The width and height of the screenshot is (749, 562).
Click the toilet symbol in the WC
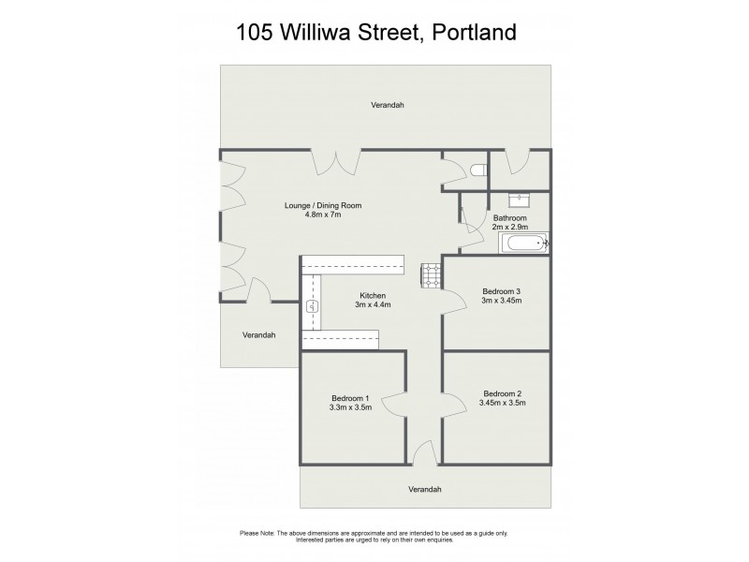480,171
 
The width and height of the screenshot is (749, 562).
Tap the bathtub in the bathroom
525,245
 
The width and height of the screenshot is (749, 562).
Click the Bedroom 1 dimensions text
350,407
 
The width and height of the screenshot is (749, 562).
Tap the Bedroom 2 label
502,392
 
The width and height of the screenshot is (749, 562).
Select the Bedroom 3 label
500,290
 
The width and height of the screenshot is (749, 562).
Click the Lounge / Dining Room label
323,205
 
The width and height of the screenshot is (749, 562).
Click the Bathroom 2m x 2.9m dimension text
510,227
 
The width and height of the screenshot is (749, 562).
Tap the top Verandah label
387,105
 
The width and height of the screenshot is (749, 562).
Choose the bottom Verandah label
424,490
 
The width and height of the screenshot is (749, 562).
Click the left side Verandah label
258,334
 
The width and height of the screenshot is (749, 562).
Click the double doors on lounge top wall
335,161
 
